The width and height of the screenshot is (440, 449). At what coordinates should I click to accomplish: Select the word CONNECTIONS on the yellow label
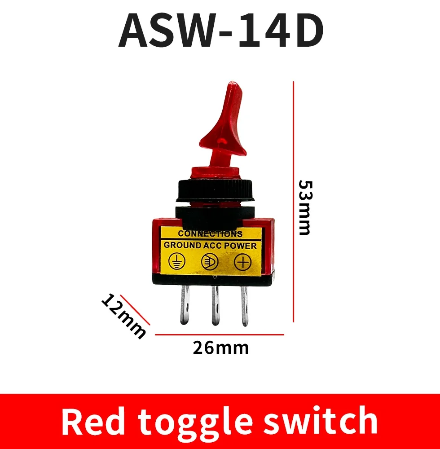[210, 233]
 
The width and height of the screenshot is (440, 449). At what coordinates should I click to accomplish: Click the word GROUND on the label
[182, 246]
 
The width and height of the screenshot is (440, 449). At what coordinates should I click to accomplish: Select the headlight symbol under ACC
[209, 262]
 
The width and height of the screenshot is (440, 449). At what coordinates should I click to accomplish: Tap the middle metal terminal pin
[215, 306]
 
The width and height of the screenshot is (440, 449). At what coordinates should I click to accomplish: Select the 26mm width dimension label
[220, 348]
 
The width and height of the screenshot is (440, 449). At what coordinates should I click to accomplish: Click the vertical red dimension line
[293, 202]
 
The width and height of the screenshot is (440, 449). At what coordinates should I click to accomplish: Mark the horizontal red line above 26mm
[220, 335]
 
